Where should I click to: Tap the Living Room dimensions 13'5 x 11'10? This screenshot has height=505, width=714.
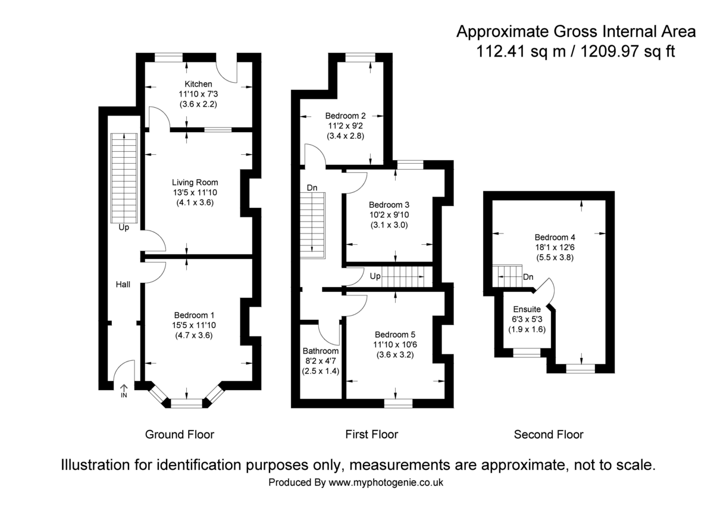[195, 192]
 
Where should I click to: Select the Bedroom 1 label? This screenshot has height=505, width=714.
[194, 315]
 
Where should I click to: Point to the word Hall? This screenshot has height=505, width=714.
[123, 285]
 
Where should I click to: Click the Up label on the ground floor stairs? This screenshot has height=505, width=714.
[123, 227]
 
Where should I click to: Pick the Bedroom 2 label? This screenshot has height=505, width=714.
[345, 116]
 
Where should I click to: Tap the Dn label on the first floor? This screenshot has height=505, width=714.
[312, 188]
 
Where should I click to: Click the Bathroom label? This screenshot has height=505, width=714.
[320, 351]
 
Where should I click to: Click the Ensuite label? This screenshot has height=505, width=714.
[527, 309]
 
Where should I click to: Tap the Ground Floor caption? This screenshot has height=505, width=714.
[180, 435]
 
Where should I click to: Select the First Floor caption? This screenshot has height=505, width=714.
[371, 435]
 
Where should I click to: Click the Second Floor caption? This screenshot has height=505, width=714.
[549, 435]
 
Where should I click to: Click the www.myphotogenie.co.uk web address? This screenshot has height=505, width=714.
[386, 482]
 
